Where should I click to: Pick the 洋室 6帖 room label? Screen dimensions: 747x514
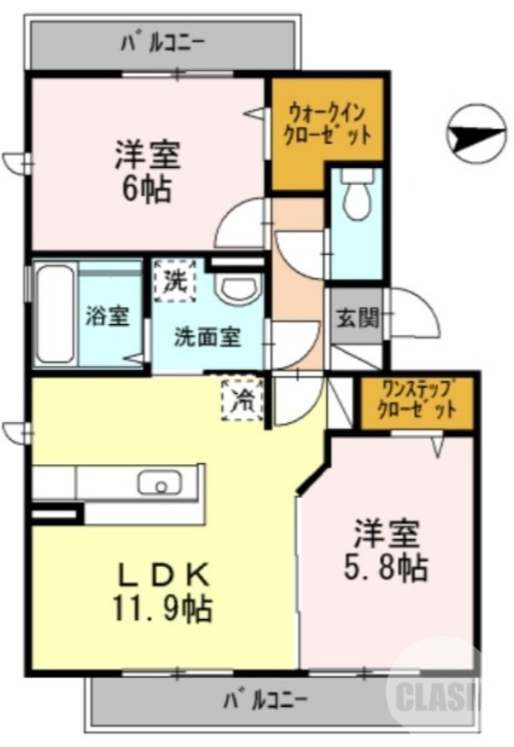[147, 170]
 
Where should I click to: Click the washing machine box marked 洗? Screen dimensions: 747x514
[174, 279]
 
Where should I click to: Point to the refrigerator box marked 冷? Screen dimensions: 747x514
[243, 399]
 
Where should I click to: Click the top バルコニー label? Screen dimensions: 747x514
[164, 41]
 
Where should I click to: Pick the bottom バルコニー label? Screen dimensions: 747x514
[267, 698]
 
